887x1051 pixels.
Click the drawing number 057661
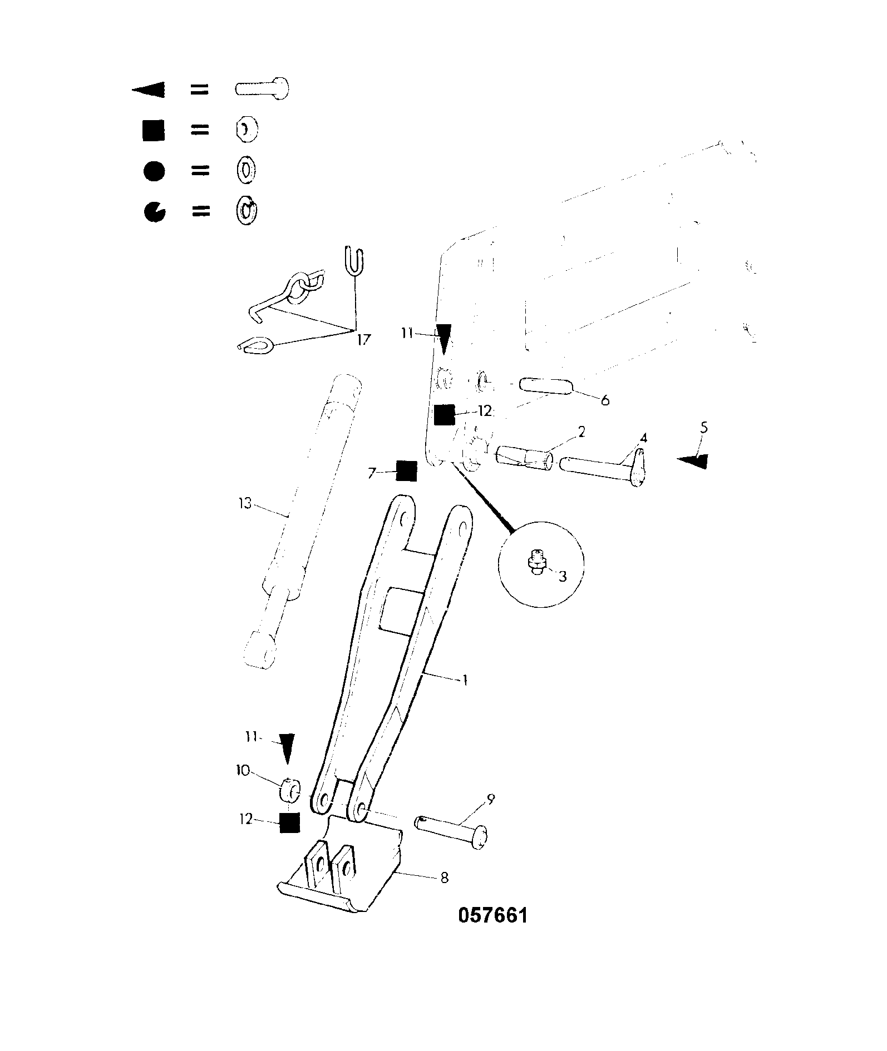coord(493,915)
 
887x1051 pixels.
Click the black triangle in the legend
coord(149,90)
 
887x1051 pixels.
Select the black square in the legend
coord(154,130)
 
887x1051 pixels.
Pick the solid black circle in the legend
coord(154,171)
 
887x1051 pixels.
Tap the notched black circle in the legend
coord(154,212)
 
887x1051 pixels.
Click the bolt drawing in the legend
coord(262,89)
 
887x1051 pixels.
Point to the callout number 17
coord(363,339)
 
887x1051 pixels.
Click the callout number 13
coord(245,503)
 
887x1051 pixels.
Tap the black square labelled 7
coord(407,472)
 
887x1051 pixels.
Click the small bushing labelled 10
coord(290,791)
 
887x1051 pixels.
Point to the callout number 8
coord(444,878)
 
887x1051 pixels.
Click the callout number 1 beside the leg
coord(464,679)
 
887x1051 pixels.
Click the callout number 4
coord(643,438)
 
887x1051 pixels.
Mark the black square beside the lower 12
coord(289,823)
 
